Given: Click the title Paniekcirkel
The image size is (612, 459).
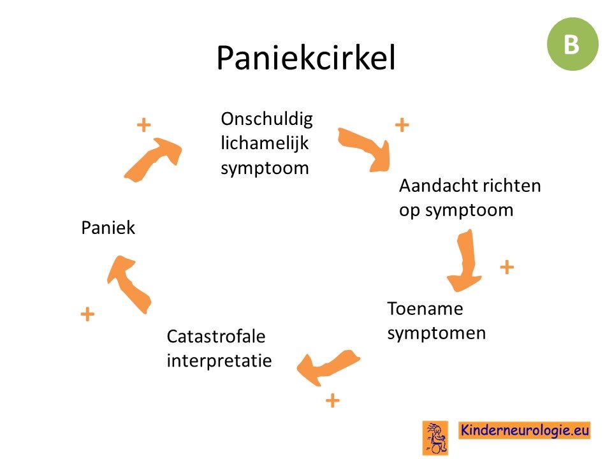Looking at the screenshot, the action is pos(306,58).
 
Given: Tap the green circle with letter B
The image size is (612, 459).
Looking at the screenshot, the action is pos(572,44).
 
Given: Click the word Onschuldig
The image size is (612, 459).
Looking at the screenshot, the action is pos(266,119).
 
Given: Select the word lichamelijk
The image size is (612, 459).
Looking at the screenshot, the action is pos(265,143).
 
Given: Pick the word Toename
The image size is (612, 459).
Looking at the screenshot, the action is pos(425,309).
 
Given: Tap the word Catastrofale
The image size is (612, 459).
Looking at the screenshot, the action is pos(216,337).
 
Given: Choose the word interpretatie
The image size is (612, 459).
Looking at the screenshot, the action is pos(219,361).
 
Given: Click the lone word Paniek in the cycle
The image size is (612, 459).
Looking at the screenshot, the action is pos(108,228).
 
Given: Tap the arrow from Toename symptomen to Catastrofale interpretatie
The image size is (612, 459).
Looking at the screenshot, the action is pos(327,367).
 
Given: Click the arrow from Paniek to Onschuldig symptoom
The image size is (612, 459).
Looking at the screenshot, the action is pos(152,160).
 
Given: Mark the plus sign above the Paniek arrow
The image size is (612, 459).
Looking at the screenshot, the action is pos(143,126).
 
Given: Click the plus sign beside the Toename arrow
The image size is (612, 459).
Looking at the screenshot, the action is pos(507,267).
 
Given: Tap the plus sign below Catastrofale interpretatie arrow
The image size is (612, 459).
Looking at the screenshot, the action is pos(333,400).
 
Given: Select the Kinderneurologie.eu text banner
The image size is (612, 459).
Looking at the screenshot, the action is pos(524,430).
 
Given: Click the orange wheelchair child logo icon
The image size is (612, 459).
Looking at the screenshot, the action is pos(435,437).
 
